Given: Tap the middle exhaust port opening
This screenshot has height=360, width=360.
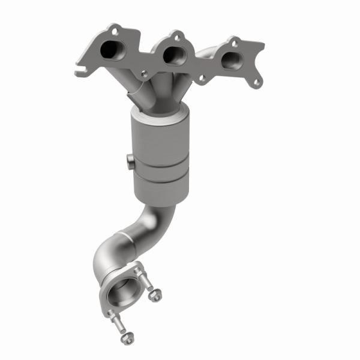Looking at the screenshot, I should (172, 55).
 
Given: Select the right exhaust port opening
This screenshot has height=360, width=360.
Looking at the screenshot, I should (230, 59).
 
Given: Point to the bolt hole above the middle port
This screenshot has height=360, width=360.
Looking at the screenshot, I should (176, 35).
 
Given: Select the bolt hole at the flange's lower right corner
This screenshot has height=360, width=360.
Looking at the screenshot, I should (257, 82).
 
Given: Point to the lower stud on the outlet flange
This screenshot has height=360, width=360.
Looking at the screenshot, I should (114, 317).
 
